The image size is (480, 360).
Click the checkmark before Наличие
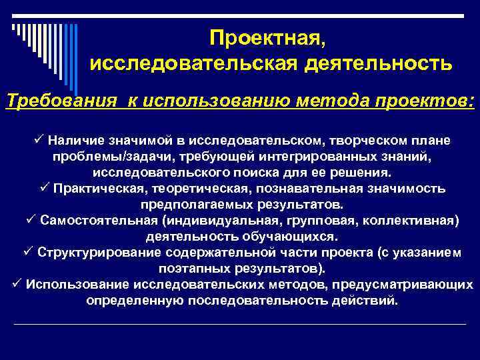tap(39, 140)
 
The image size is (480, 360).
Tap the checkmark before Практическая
tap(45, 188)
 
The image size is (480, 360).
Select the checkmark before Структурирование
tap(29, 253)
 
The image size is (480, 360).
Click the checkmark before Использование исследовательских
tap(17, 285)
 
